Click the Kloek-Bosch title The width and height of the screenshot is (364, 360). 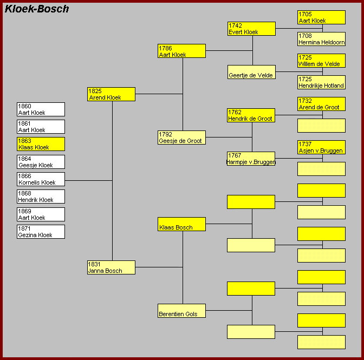pyautogui.click(x=37, y=9)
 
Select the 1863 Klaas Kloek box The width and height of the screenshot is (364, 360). pyautogui.click(x=41, y=144)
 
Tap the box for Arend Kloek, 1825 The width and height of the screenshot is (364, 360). pyautogui.click(x=111, y=94)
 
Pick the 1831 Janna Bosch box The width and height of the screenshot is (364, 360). pyautogui.click(x=111, y=267)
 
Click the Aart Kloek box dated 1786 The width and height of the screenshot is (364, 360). pyautogui.click(x=181, y=51)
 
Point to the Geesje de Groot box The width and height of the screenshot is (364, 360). pyautogui.click(x=181, y=138)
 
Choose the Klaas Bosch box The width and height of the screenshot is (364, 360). pyautogui.click(x=181, y=224)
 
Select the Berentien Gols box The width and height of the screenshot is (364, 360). pyautogui.click(x=181, y=311)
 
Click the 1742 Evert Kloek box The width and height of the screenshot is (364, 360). pyautogui.click(x=252, y=29)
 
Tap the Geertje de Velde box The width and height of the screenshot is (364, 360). pyautogui.click(x=252, y=72)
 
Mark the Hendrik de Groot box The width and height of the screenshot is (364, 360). pyautogui.click(x=251, y=115)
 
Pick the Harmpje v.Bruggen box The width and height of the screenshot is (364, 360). pyautogui.click(x=251, y=159)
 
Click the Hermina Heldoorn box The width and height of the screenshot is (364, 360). pyautogui.click(x=322, y=39)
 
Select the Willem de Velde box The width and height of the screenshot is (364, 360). pyautogui.click(x=322, y=61)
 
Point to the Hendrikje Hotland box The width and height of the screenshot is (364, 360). pyautogui.click(x=322, y=82)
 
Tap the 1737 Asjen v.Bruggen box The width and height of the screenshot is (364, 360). pyautogui.click(x=322, y=147)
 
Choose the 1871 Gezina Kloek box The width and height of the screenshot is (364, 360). pyautogui.click(x=41, y=232)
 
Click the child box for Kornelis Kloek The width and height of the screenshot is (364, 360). pyautogui.click(x=41, y=179)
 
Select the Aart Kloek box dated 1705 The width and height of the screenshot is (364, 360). pyautogui.click(x=322, y=17)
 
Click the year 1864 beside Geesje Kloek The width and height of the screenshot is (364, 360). pyautogui.click(x=24, y=159)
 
